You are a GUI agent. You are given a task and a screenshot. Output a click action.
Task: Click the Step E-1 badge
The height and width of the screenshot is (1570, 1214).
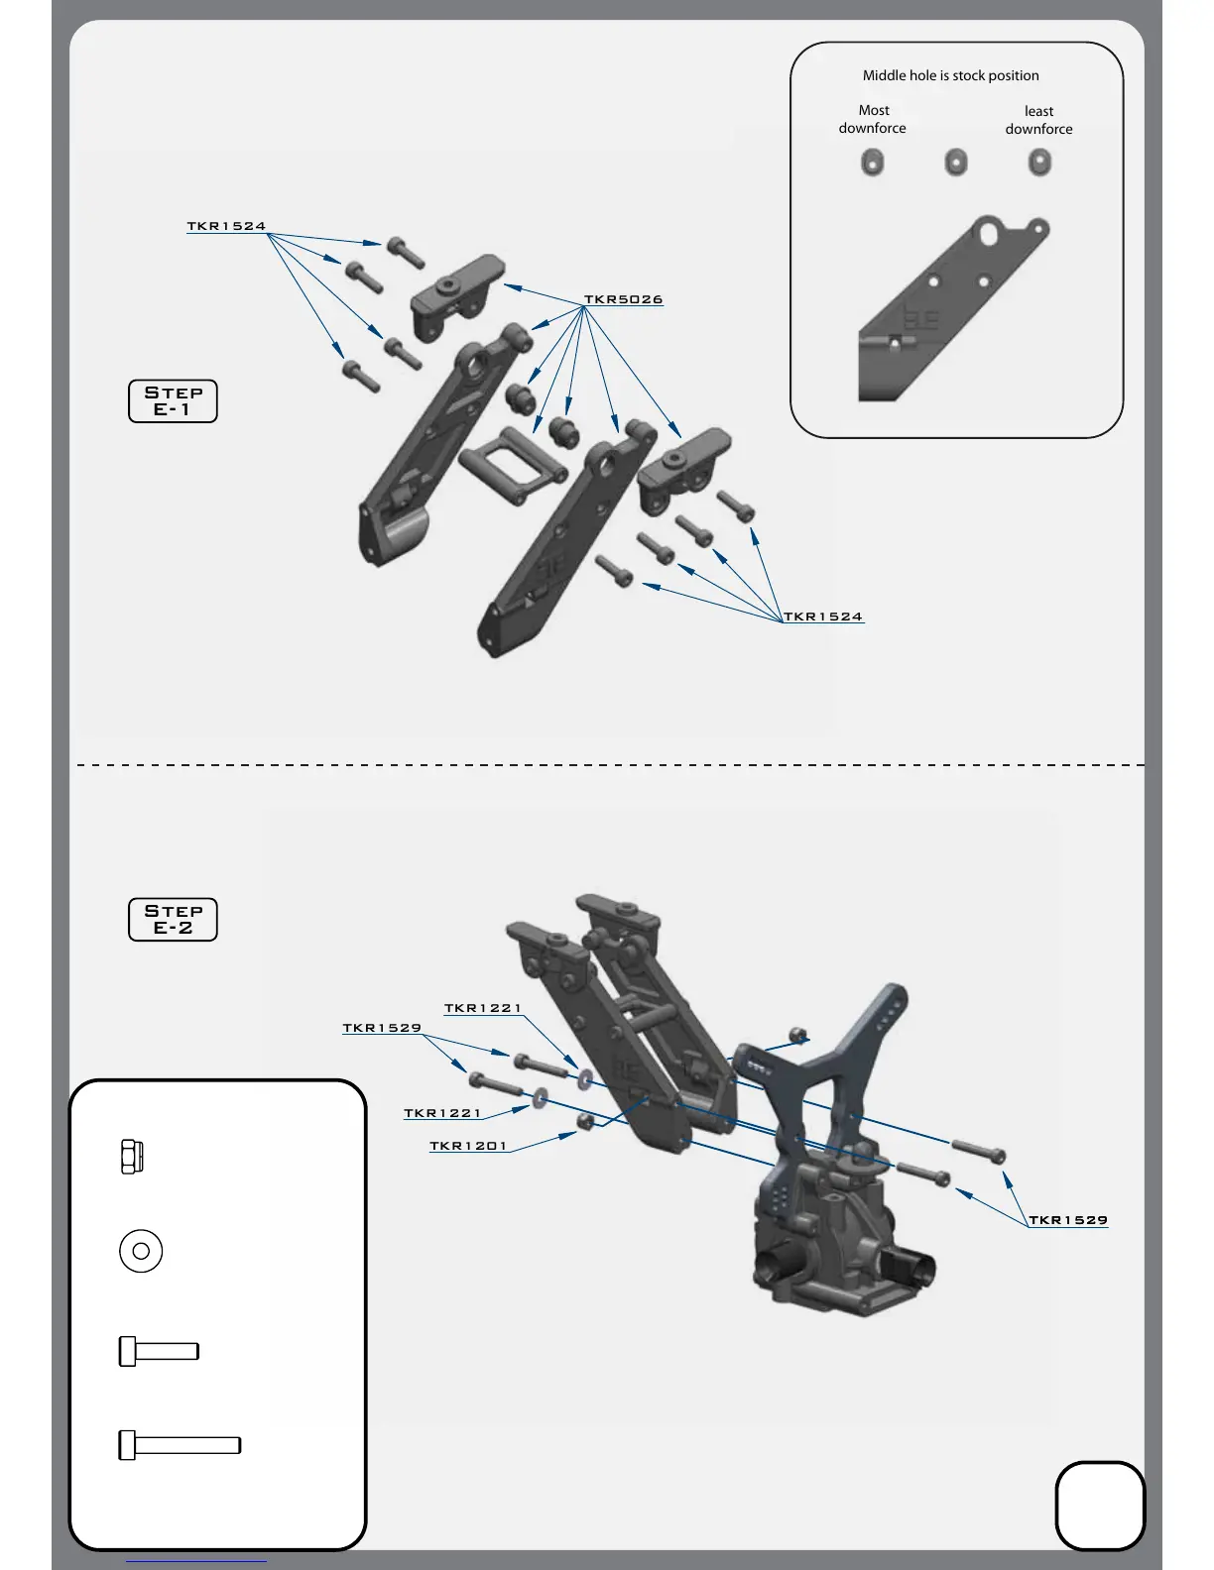[x=173, y=401]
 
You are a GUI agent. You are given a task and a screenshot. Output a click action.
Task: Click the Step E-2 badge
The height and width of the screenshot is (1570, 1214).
[x=173, y=920]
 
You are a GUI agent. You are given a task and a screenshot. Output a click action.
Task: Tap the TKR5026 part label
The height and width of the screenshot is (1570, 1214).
[x=623, y=299]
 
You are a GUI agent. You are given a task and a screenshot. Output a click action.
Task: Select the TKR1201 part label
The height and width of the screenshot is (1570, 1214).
[x=468, y=1146]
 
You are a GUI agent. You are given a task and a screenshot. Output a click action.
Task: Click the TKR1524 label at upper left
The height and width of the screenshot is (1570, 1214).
[x=226, y=226]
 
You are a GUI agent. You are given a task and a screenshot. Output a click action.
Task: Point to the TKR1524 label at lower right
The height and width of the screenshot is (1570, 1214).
[x=823, y=617]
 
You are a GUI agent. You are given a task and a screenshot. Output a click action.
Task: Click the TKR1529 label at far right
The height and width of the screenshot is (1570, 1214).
[x=1068, y=1220]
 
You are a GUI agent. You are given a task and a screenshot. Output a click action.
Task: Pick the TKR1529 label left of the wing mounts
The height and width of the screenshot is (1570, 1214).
[x=382, y=1028]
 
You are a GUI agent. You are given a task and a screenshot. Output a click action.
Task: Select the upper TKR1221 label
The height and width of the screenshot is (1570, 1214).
[x=482, y=1008]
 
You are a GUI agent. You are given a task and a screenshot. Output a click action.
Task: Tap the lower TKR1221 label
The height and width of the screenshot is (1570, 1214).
[x=442, y=1113]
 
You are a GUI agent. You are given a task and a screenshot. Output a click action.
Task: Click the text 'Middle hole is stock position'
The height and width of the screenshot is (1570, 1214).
[x=950, y=75]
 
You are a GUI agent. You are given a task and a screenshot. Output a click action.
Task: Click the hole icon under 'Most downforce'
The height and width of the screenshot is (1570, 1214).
[x=872, y=162]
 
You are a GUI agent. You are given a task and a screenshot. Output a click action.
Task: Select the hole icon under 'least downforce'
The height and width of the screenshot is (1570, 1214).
[x=1039, y=162]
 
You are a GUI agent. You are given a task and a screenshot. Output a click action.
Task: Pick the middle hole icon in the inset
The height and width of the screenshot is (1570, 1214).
[x=956, y=162]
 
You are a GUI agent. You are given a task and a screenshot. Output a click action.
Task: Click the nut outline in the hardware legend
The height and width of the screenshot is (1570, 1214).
[x=131, y=1157]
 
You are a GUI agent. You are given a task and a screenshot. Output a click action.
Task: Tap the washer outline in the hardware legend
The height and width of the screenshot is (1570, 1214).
[x=141, y=1251]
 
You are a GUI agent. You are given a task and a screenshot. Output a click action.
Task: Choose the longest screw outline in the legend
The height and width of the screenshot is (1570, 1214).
[x=180, y=1445]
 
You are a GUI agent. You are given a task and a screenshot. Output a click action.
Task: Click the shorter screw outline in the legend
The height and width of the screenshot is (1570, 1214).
[x=159, y=1351]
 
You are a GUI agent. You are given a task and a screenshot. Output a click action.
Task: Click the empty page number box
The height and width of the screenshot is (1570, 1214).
[x=1100, y=1505]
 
